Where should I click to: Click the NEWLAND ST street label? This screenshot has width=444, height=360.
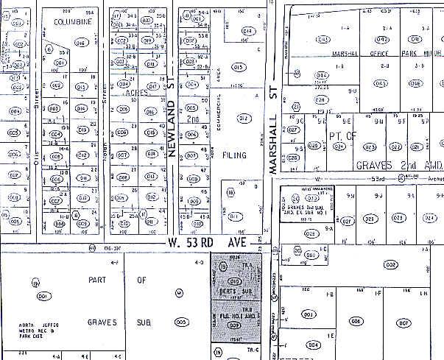point(174,110)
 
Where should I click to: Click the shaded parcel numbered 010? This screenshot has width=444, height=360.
point(236,280)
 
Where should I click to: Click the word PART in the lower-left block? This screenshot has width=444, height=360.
point(98,280)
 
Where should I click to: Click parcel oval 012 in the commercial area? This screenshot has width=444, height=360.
point(246,119)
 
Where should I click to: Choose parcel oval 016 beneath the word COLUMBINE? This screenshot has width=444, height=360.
point(81,43)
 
